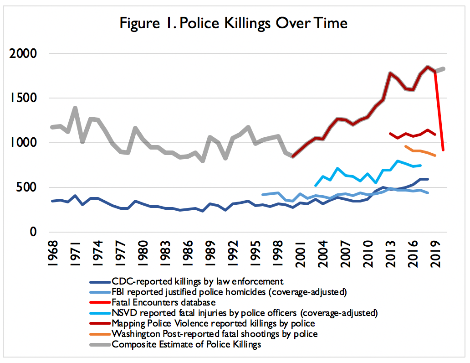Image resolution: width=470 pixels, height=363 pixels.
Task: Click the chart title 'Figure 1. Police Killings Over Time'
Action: click(234, 23)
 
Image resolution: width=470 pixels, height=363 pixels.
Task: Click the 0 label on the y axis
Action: click(33, 232)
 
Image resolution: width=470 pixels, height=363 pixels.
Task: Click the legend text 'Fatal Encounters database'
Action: click(163, 301)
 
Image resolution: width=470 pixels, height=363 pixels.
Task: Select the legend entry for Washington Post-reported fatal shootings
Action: click(215, 334)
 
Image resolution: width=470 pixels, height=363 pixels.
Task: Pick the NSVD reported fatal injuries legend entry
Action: click(245, 313)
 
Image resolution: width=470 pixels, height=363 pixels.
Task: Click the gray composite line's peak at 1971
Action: click(75, 108)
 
